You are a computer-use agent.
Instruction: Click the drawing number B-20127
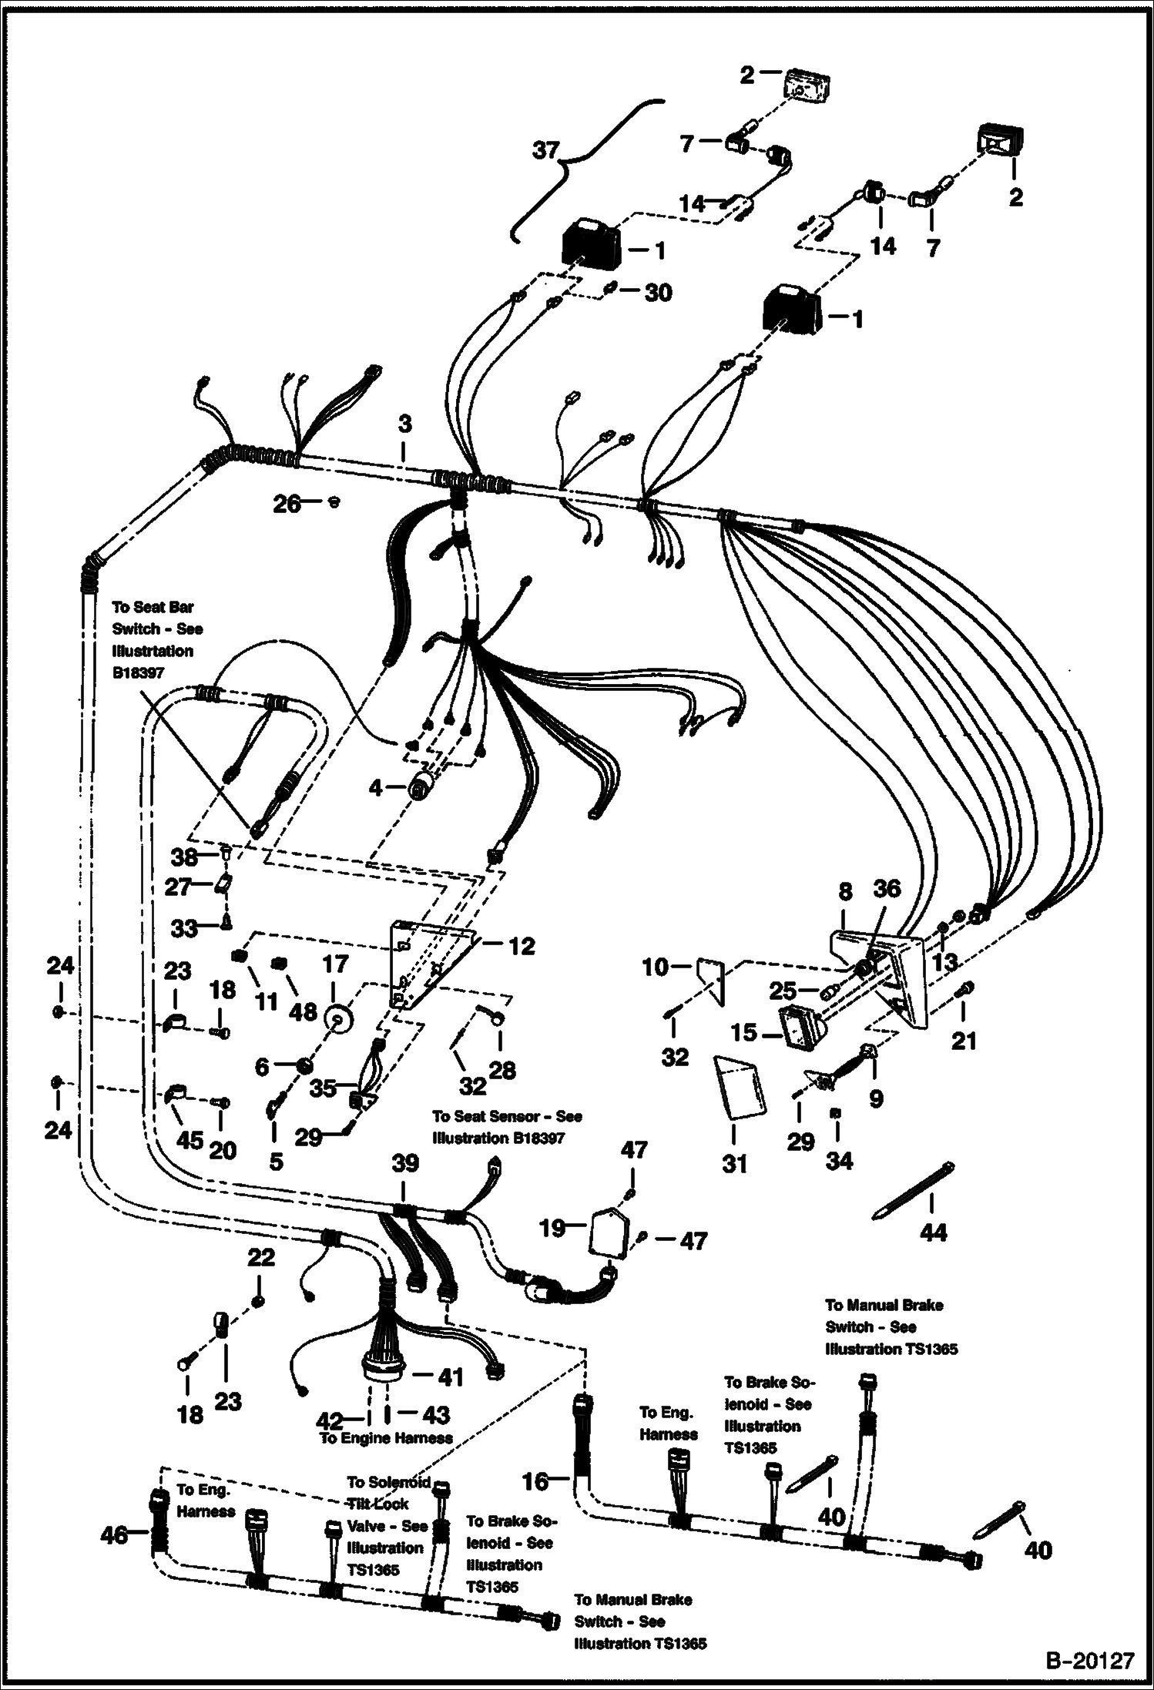(x=1089, y=1658)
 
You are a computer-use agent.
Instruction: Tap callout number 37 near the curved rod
(x=545, y=149)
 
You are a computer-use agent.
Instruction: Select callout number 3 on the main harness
(x=404, y=423)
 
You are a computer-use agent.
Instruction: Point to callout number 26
(x=287, y=504)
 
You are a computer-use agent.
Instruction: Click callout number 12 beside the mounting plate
(x=522, y=945)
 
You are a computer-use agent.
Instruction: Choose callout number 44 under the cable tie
(x=933, y=1232)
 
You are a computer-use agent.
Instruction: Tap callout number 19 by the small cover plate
(x=552, y=1228)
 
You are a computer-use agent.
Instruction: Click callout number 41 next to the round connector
(x=450, y=1376)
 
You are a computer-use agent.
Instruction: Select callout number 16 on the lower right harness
(x=535, y=1480)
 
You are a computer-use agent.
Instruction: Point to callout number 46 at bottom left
(x=114, y=1535)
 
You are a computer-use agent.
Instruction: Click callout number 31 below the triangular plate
(x=734, y=1163)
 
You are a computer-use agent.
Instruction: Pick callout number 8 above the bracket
(x=845, y=891)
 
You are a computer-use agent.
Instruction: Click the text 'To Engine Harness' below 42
(x=386, y=1438)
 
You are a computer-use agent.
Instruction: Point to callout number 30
(x=657, y=292)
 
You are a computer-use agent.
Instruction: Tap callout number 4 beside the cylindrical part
(x=375, y=787)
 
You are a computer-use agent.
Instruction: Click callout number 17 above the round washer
(x=335, y=964)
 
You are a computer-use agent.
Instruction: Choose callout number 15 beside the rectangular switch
(x=744, y=1032)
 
